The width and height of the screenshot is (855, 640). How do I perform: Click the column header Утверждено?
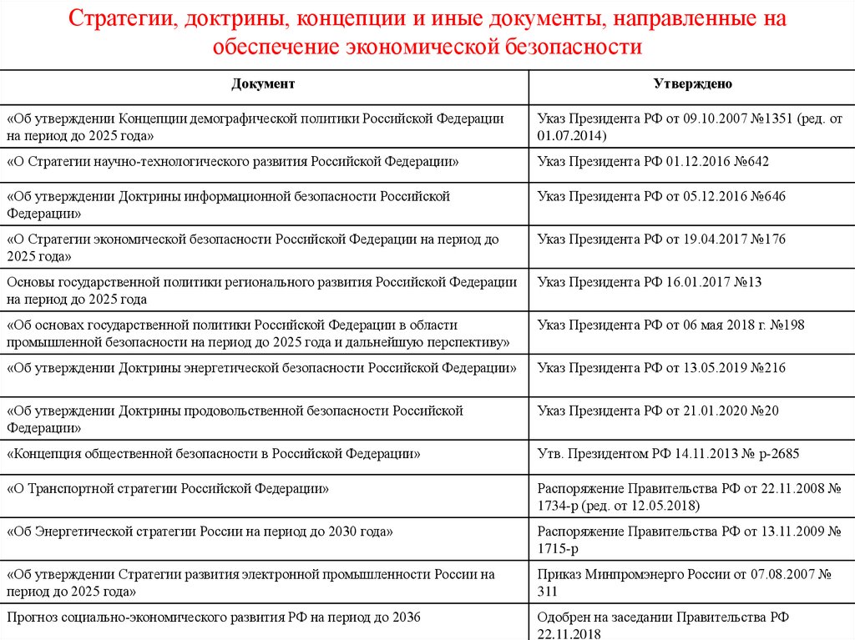[x=692, y=85]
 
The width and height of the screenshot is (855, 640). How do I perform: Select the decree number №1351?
[x=770, y=119]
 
